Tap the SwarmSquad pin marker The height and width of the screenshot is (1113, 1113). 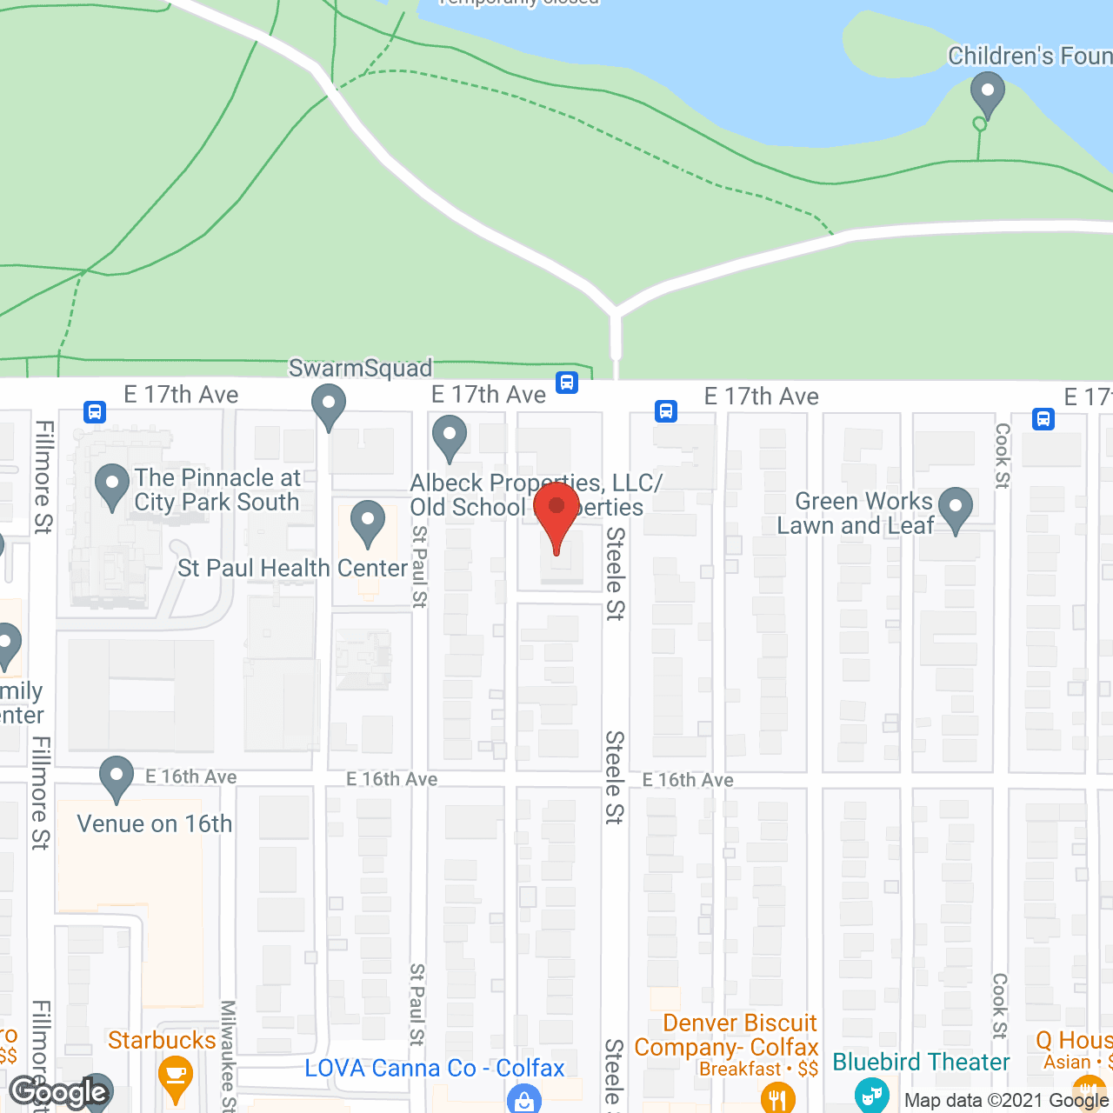[x=329, y=406]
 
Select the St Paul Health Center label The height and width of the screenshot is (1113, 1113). [x=292, y=568]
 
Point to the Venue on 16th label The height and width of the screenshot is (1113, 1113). [x=155, y=823]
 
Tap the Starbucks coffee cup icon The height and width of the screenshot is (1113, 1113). [x=176, y=1075]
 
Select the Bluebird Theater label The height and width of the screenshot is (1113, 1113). [x=921, y=1062]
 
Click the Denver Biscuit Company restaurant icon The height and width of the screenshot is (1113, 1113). [x=776, y=1097]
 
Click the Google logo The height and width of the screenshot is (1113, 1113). [x=59, y=1092]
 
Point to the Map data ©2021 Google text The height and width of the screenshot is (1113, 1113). [x=1006, y=1101]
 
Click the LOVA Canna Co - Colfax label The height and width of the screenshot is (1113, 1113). [x=434, y=1068]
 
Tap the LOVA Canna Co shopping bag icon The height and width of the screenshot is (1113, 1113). [x=523, y=1099]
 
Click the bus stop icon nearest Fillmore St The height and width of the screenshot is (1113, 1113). [x=95, y=411]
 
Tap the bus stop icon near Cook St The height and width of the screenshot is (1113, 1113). [x=1043, y=419]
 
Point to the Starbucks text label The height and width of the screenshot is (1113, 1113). [x=162, y=1040]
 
